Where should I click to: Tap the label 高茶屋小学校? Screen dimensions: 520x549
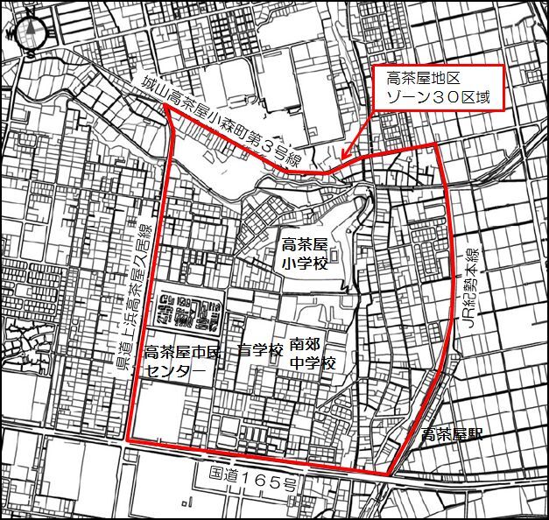(x=303, y=252)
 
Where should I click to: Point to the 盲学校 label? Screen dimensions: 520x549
(x=260, y=352)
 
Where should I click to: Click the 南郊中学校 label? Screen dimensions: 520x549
(x=312, y=355)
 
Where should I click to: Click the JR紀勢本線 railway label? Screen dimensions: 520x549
(x=472, y=290)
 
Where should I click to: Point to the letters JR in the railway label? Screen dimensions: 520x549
(x=471, y=327)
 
